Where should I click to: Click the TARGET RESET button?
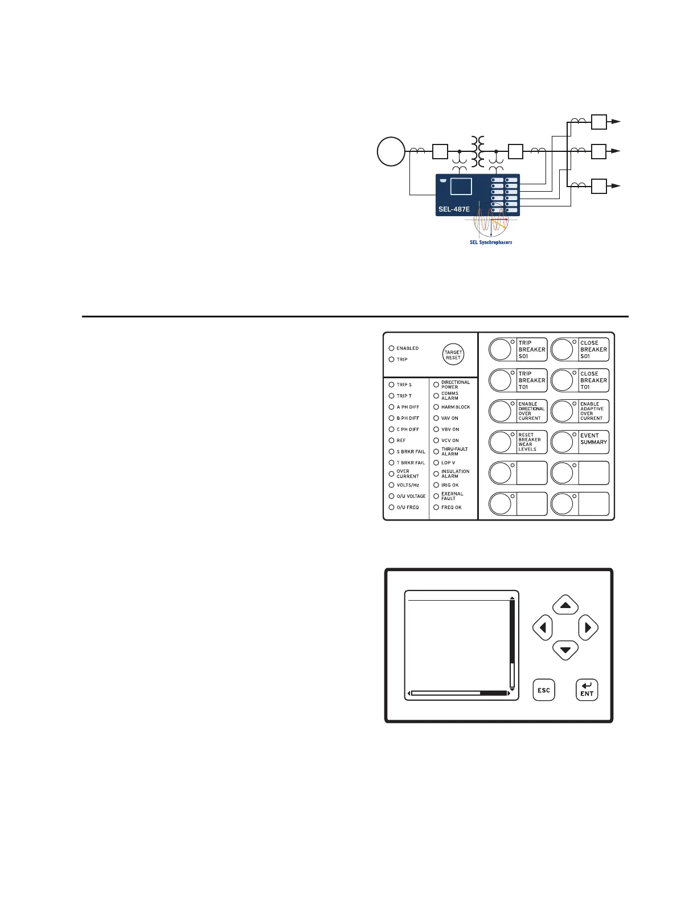pyautogui.click(x=453, y=355)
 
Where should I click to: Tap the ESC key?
pyautogui.click(x=544, y=690)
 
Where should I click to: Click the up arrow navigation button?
pyautogui.click(x=565, y=605)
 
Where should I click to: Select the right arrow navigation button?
pyautogui.click(x=588, y=628)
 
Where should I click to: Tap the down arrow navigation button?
pyautogui.click(x=565, y=650)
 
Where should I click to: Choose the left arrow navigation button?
pyautogui.click(x=543, y=628)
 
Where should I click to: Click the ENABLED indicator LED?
pyautogui.click(x=391, y=348)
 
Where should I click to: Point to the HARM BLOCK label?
pyautogui.click(x=455, y=407)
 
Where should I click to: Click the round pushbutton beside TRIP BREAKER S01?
pyautogui.click(x=501, y=349)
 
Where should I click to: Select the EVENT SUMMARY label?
pyautogui.click(x=593, y=439)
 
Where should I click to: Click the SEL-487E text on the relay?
pyautogui.click(x=454, y=209)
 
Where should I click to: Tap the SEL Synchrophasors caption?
pyautogui.click(x=490, y=242)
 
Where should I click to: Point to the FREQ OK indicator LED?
pyautogui.click(x=436, y=507)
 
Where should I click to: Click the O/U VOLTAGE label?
pyautogui.click(x=411, y=497)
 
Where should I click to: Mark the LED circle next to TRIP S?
pyautogui.click(x=391, y=385)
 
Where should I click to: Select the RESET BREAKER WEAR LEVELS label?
pyautogui.click(x=529, y=442)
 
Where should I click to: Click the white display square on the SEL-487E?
pyautogui.click(x=461, y=187)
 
